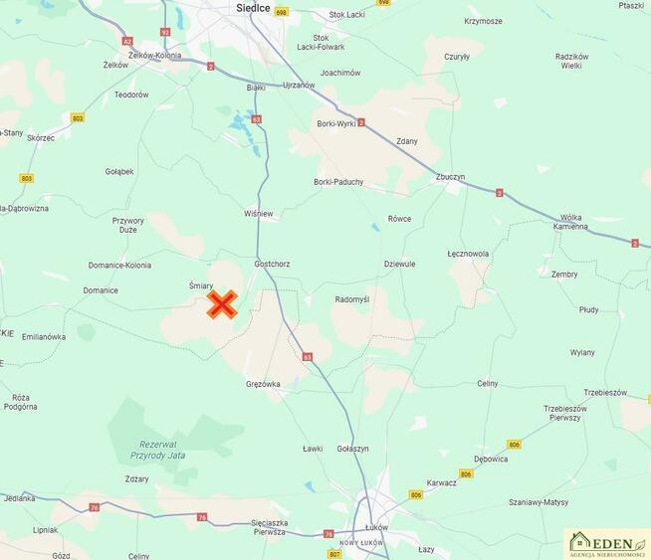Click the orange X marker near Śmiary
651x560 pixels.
click(x=222, y=304)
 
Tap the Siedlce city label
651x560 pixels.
click(x=254, y=8)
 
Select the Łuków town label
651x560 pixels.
click(x=376, y=527)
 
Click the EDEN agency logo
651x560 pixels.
click(x=607, y=542)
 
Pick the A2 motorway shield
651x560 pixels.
click(x=126, y=41)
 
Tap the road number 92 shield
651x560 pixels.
click(x=165, y=32)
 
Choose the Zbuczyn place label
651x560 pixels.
click(x=450, y=177)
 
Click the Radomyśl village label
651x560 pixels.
click(x=352, y=299)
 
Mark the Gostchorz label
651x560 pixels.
click(x=272, y=264)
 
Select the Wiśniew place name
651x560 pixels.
click(x=258, y=214)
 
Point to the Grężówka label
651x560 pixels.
click(x=263, y=383)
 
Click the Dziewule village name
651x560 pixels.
click(x=399, y=264)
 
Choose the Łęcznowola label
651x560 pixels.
click(x=468, y=254)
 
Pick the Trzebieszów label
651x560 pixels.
click(x=605, y=393)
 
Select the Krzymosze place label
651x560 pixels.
click(x=483, y=21)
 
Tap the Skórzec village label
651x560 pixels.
click(x=41, y=138)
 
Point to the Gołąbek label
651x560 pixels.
click(x=119, y=171)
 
